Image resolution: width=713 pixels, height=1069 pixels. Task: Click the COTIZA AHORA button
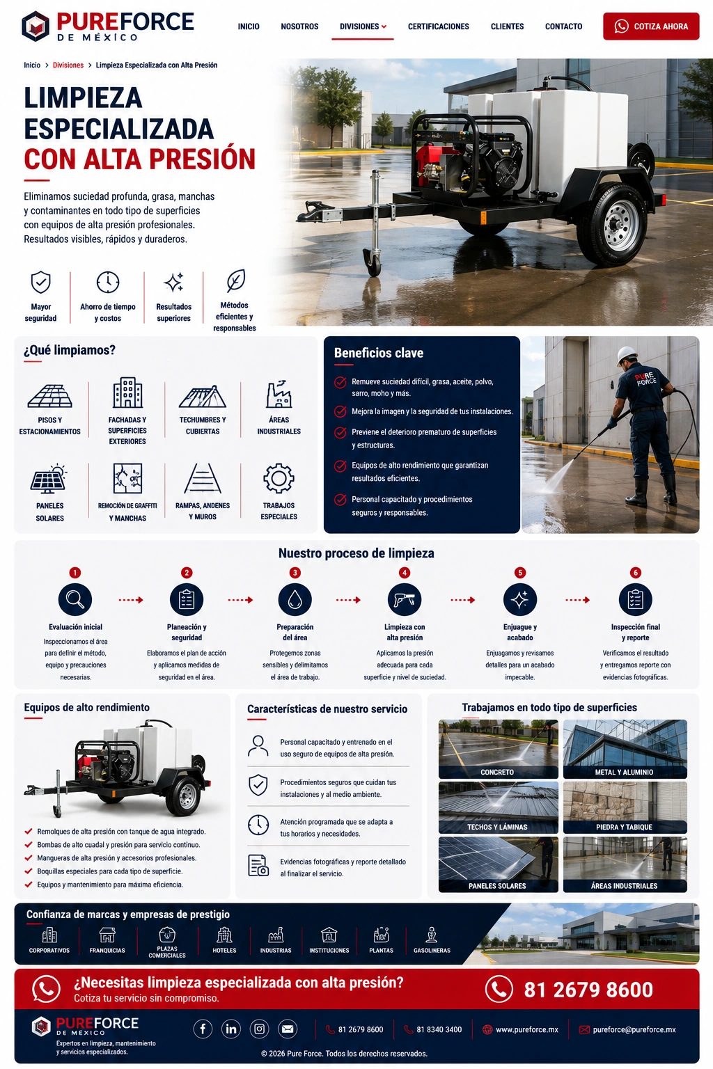click(x=651, y=26)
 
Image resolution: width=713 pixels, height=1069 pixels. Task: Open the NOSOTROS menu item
click(x=299, y=26)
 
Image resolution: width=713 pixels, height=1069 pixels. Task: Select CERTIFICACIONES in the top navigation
click(x=439, y=26)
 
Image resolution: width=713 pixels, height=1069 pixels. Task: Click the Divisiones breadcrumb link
click(x=68, y=65)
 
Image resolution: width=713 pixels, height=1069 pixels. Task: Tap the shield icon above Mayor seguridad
click(x=40, y=283)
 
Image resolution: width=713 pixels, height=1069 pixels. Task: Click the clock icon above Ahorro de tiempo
click(x=108, y=282)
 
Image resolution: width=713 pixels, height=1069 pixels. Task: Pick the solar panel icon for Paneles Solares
click(x=49, y=479)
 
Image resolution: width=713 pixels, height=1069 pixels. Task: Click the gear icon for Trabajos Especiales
click(x=279, y=478)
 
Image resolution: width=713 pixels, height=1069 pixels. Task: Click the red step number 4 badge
click(x=405, y=573)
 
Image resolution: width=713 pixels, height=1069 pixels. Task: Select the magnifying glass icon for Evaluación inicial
click(x=75, y=599)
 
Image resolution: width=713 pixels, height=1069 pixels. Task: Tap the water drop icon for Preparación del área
click(x=295, y=599)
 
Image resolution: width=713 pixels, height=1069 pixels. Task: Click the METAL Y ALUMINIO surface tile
click(x=625, y=749)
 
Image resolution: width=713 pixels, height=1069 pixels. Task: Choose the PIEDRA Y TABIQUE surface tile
click(x=625, y=807)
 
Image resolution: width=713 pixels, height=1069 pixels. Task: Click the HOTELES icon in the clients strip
click(x=224, y=935)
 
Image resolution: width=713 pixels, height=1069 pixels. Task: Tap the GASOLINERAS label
click(x=432, y=950)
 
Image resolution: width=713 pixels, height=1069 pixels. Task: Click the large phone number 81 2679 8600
click(x=588, y=989)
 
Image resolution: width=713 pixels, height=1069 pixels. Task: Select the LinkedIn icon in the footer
click(x=231, y=1029)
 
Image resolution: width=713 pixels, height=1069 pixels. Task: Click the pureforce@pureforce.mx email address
click(x=634, y=1029)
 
